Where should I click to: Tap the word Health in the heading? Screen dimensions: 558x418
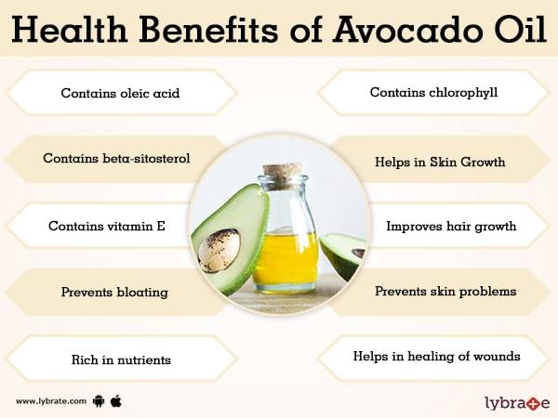(70, 29)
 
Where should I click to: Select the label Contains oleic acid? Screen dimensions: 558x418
(120, 93)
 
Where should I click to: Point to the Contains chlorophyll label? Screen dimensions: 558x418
(433, 93)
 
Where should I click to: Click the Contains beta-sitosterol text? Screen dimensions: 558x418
(116, 158)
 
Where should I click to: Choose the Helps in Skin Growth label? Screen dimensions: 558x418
(440, 162)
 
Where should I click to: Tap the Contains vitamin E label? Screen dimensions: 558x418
(107, 226)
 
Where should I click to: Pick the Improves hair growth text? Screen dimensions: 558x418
(451, 227)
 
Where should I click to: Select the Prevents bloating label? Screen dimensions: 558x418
(114, 293)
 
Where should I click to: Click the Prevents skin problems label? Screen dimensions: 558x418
(445, 292)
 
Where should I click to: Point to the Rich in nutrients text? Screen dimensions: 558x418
(121, 359)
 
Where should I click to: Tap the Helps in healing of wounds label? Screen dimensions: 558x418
(437, 356)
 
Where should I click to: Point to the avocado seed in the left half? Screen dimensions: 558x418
(219, 250)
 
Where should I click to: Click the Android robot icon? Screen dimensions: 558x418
(99, 401)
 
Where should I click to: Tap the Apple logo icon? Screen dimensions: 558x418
(116, 401)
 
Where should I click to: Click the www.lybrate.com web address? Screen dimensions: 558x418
(51, 401)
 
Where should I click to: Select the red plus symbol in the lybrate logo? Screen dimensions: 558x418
(535, 403)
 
